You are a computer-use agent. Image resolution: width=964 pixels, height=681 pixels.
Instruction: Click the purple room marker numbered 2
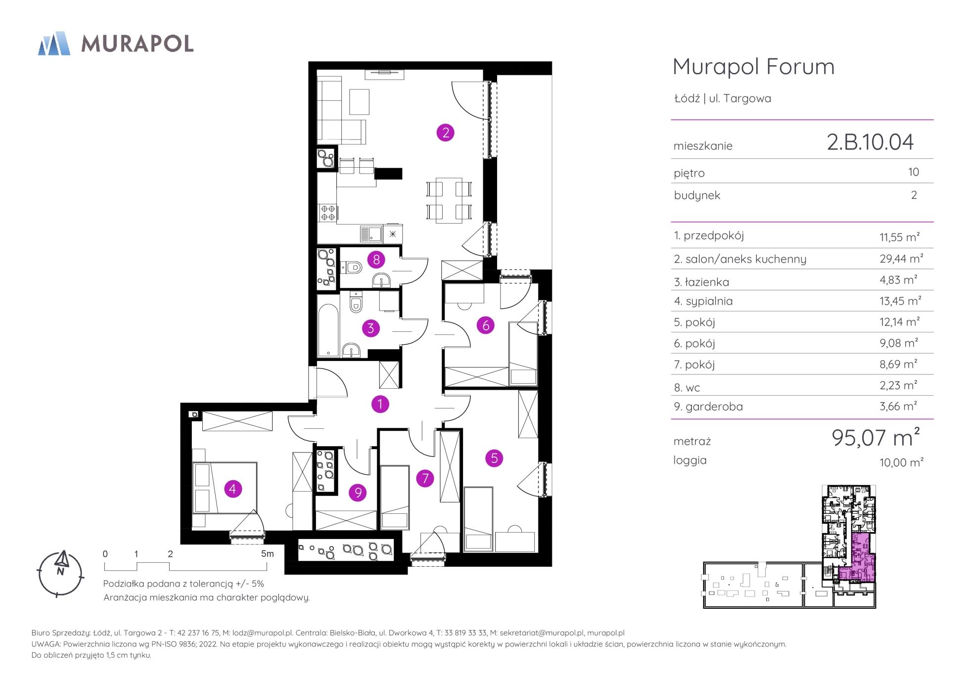pyautogui.click(x=445, y=133)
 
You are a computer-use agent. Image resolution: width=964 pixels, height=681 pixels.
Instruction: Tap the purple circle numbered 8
pyautogui.click(x=376, y=259)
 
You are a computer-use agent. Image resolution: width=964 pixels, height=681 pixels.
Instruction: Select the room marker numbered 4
pyautogui.click(x=233, y=489)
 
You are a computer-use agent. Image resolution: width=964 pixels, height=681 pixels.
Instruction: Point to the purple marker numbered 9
pyautogui.click(x=358, y=493)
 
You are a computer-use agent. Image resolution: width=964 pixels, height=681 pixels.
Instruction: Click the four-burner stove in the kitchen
pyautogui.click(x=328, y=213)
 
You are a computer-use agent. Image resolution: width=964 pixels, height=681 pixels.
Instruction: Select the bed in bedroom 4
pyautogui.click(x=225, y=488)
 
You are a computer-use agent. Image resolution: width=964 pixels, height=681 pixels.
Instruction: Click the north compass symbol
pyautogui.click(x=61, y=574)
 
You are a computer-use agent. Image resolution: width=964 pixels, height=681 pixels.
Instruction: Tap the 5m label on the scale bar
pyautogui.click(x=267, y=554)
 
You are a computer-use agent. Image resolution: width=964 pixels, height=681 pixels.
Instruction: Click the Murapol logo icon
pyautogui.click(x=54, y=44)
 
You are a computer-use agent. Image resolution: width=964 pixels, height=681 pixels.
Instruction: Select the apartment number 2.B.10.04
pyautogui.click(x=870, y=142)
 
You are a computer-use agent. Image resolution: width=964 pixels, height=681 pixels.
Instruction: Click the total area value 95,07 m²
pyautogui.click(x=876, y=438)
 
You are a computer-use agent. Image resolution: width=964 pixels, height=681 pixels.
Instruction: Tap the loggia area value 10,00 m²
pyautogui.click(x=901, y=462)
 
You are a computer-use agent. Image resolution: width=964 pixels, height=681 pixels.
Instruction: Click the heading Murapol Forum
pyautogui.click(x=753, y=67)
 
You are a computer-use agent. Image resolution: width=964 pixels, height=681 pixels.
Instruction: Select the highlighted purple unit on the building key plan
pyautogui.click(x=858, y=560)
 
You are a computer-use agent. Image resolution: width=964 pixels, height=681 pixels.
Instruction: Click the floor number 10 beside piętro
pyautogui.click(x=914, y=172)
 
